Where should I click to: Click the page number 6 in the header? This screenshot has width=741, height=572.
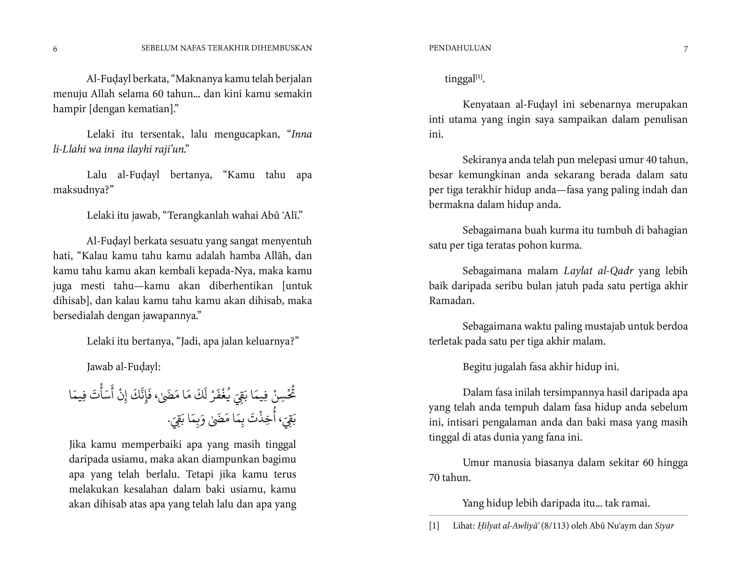point(55,49)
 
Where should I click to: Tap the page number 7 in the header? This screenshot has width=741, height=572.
point(686,49)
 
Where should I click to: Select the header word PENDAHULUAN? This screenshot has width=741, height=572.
point(460,48)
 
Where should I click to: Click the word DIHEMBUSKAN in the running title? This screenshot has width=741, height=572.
point(281,48)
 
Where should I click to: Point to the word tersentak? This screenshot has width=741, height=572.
point(162,134)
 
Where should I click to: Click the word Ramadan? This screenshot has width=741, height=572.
point(451,301)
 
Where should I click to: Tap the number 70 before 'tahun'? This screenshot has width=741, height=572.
point(435,478)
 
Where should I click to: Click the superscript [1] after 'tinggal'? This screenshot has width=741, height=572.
point(478,77)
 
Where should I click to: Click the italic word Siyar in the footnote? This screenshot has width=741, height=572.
point(664,526)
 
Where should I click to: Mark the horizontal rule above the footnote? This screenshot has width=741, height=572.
point(558,516)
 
